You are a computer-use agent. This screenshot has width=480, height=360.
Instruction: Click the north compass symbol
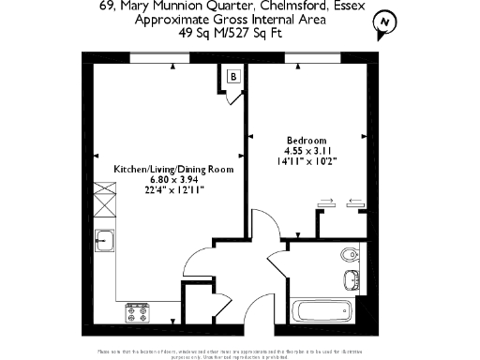point(382,24)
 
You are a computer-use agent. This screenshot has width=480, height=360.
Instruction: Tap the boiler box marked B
point(232,76)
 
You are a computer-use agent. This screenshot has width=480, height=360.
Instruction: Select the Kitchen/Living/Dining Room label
point(172,169)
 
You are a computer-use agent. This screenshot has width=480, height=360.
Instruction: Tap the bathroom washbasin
point(352,278)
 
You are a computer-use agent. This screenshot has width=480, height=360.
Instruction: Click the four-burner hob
point(138,310)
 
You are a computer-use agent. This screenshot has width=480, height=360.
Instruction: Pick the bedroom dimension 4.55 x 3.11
point(308,150)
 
